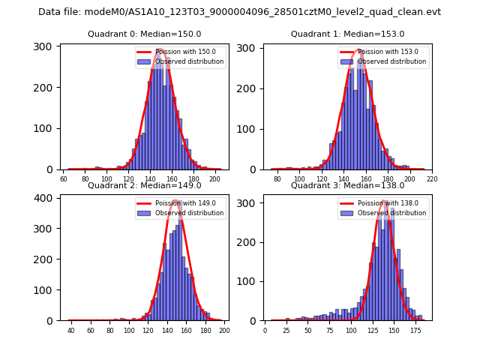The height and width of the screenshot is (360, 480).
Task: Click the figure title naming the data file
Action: click(x=239, y=12)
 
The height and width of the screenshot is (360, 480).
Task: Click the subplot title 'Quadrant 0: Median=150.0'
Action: click(x=144, y=34)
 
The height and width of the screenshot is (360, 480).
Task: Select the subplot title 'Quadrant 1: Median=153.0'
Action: click(x=347, y=34)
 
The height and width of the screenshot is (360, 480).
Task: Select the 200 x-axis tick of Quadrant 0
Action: click(x=215, y=179)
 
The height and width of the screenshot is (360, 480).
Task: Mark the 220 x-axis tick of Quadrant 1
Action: click(x=432, y=179)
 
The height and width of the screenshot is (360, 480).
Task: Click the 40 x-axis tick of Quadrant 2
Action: click(x=71, y=331)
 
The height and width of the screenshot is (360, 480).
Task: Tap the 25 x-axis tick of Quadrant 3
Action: click(x=286, y=331)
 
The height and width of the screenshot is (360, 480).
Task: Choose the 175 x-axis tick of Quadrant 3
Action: click(x=415, y=331)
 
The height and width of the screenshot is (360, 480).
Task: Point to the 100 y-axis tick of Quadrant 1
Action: click(x=247, y=129)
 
